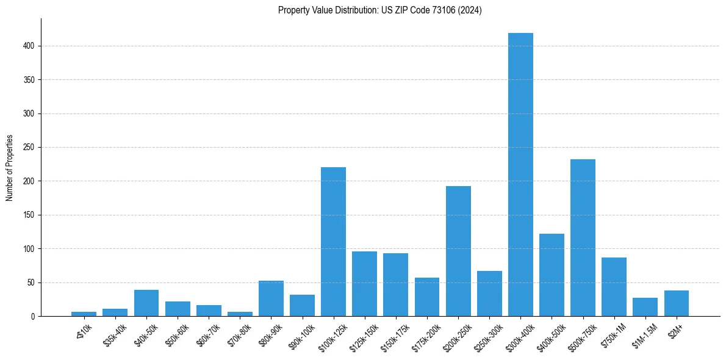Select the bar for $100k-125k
coord(333,242)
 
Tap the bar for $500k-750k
coord(583,238)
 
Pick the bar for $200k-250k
coord(458,251)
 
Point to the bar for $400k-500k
coord(552,275)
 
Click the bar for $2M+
coord(676,303)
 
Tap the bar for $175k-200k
coord(427,297)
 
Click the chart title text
coord(379,10)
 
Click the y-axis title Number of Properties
coord(10,168)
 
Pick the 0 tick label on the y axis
coord(33,316)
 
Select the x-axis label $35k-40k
coord(115,333)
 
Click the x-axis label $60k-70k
coord(208,333)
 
